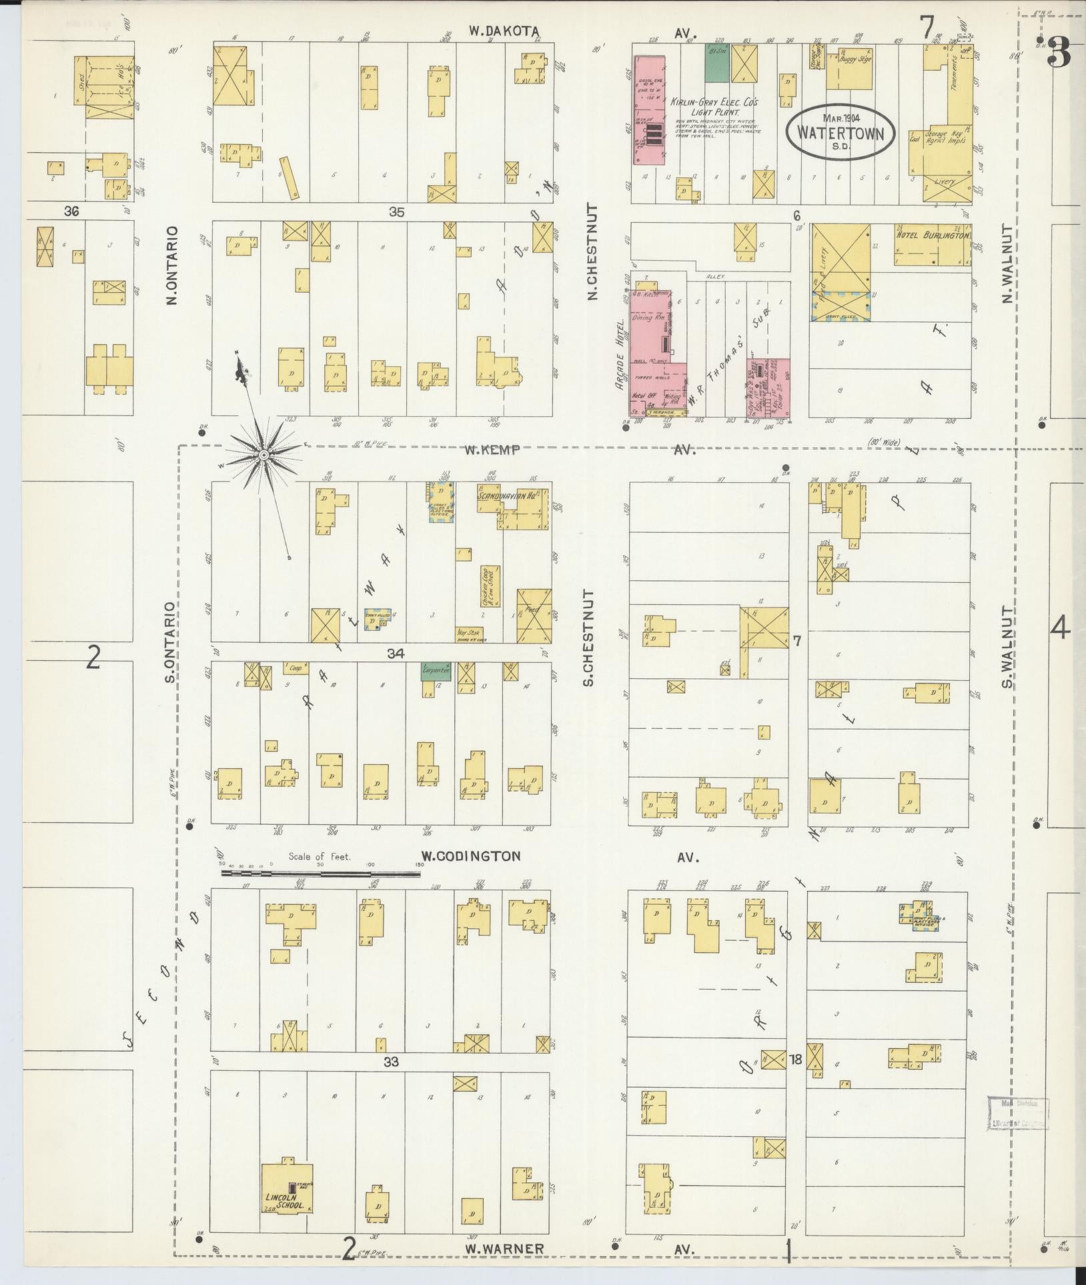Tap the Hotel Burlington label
click(931, 235)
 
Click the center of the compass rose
click(264, 455)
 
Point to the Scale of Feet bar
click(320, 872)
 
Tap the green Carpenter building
click(436, 671)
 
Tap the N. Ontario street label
click(171, 265)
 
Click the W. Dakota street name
click(502, 30)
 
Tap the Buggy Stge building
click(849, 69)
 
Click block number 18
click(795, 1058)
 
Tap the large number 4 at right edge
click(1060, 628)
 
